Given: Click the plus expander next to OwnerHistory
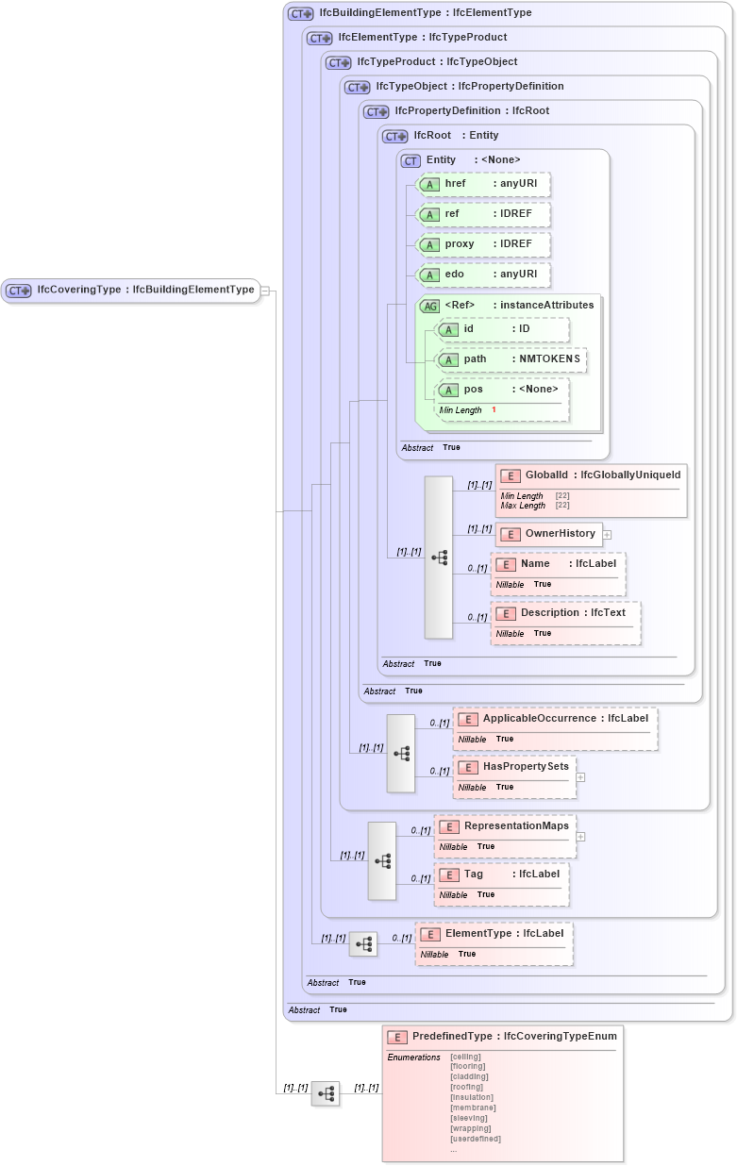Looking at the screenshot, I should tap(607, 535).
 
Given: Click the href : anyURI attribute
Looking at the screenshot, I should tap(483, 184).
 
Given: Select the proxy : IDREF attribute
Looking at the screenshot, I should tap(483, 244).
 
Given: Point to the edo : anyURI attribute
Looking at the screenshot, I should tap(483, 275).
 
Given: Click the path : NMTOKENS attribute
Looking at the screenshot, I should tap(511, 359).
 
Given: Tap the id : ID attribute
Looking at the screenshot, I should tap(501, 329).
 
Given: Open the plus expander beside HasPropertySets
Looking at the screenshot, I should tap(580, 777).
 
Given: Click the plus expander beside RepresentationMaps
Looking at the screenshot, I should tap(580, 836).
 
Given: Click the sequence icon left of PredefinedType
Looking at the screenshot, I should tap(326, 1093).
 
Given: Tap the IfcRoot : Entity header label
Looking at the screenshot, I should tap(456, 136).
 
